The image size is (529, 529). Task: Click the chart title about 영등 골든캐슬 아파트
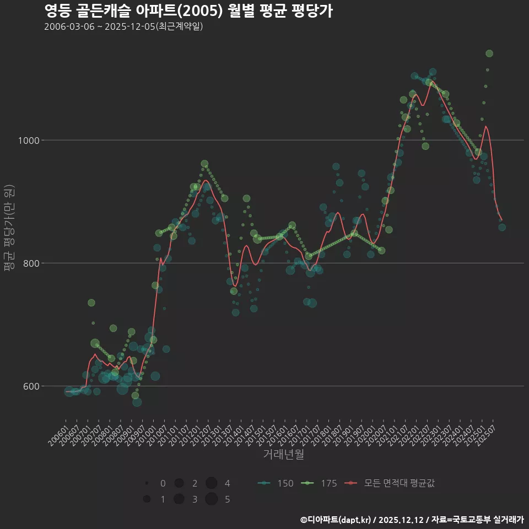coord(188,10)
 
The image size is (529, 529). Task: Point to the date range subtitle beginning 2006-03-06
coord(123,26)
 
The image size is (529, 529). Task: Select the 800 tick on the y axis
coord(31,263)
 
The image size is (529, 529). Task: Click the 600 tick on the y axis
coord(31,386)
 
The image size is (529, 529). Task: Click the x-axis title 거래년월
coord(283,455)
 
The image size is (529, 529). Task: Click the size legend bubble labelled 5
coord(211,499)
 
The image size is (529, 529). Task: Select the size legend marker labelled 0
coord(147,483)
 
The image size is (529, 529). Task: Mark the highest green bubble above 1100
coord(489,53)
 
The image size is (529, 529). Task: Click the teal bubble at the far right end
coord(502,227)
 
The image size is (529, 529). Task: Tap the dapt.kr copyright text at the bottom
coord(412,520)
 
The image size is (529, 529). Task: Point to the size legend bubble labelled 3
coord(179,499)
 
